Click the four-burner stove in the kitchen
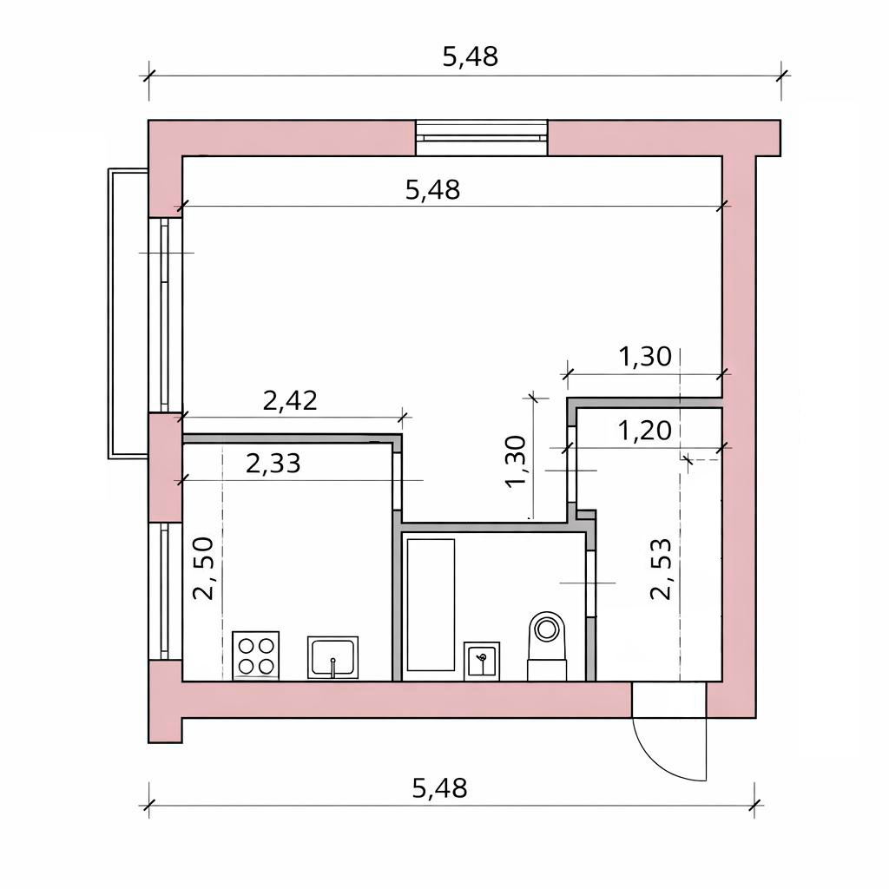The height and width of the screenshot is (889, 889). pyautogui.click(x=256, y=655)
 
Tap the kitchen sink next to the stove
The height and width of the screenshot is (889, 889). pyautogui.click(x=333, y=657)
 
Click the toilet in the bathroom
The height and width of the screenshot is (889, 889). pyautogui.click(x=547, y=646)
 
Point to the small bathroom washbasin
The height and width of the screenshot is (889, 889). pyautogui.click(x=482, y=661)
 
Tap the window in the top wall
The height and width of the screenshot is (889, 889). pyautogui.click(x=481, y=138)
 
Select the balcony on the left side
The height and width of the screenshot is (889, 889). pyautogui.click(x=128, y=313)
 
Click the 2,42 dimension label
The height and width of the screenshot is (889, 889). pyautogui.click(x=290, y=401)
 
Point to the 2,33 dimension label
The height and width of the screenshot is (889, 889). pyautogui.click(x=273, y=464)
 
